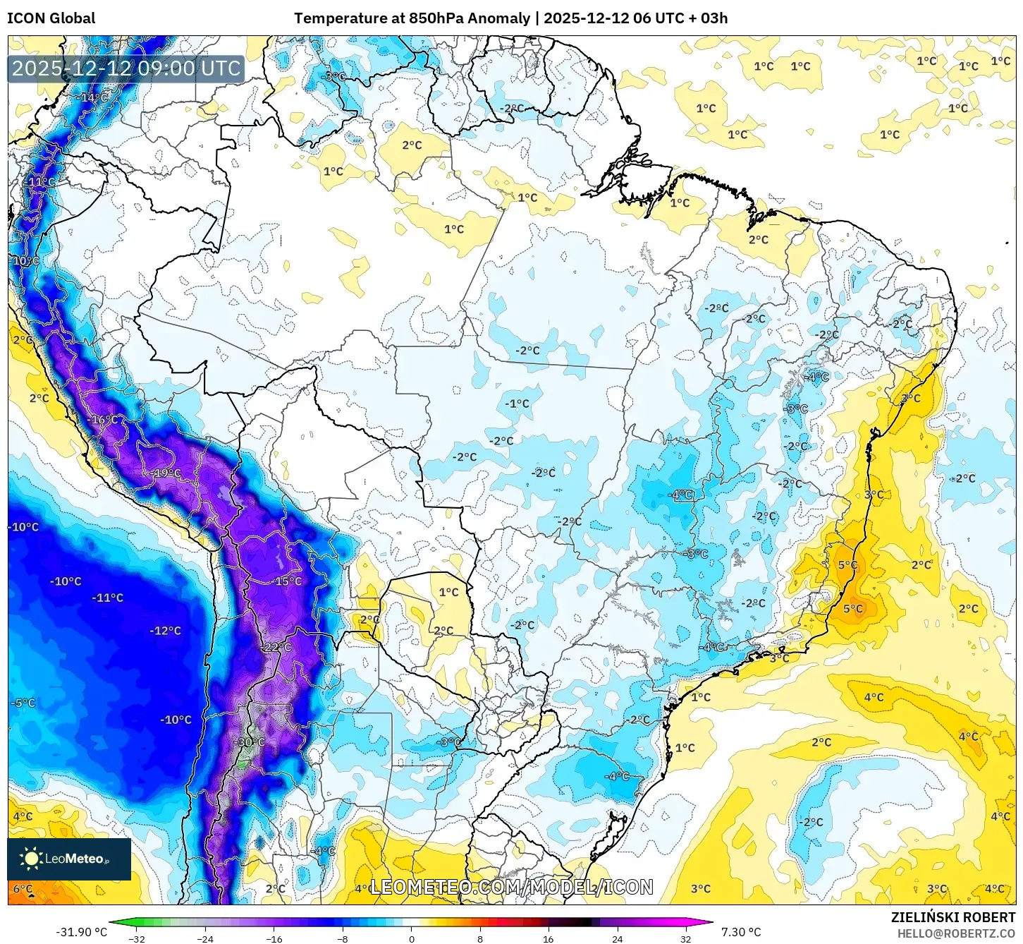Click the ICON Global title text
(x=51, y=18)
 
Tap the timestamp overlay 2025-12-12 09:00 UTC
(x=126, y=68)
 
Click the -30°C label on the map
(x=251, y=742)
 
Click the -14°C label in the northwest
(x=94, y=97)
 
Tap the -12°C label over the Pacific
(x=166, y=631)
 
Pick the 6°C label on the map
(x=23, y=889)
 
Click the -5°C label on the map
(x=23, y=703)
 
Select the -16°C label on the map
(x=104, y=420)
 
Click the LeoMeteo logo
(x=69, y=859)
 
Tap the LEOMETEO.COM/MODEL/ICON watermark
(x=511, y=887)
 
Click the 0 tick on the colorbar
(x=412, y=939)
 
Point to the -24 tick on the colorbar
(x=204, y=939)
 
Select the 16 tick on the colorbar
(x=549, y=939)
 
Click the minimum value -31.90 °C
(x=81, y=932)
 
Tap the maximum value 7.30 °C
(x=741, y=932)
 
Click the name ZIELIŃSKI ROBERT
(x=952, y=918)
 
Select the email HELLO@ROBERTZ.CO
(x=956, y=933)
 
